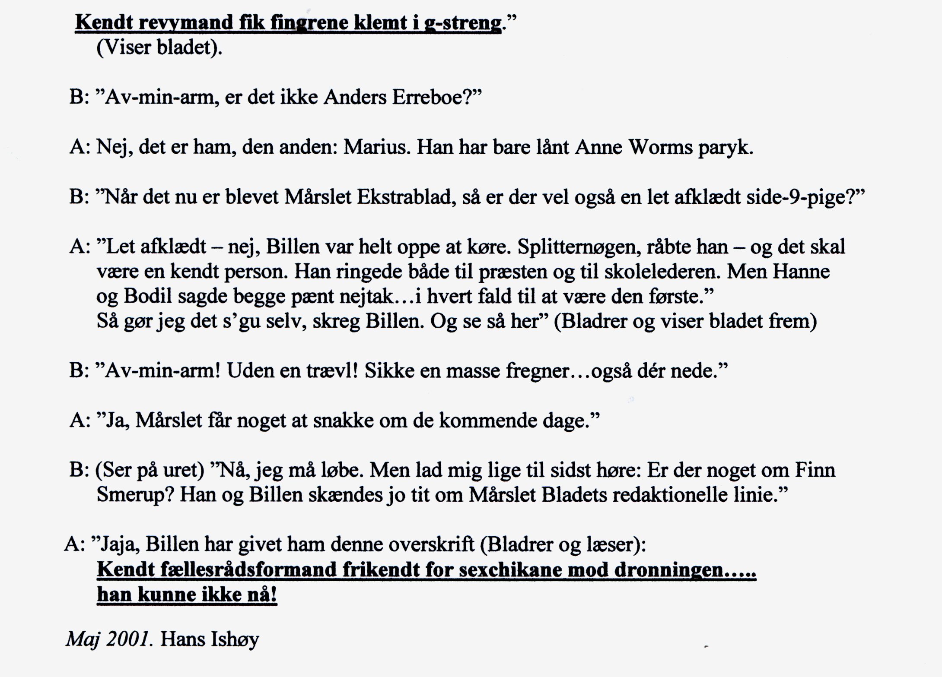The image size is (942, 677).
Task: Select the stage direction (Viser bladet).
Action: (x=159, y=47)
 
